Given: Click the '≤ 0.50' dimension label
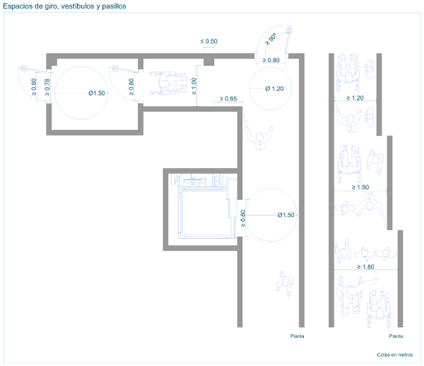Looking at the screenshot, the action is [x=208, y=42].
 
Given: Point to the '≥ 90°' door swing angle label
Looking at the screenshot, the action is [x=271, y=39].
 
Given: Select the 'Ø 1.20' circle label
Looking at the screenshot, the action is [x=274, y=88].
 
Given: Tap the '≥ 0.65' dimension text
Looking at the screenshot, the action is [x=228, y=99].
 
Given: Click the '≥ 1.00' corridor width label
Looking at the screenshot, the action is [x=194, y=86].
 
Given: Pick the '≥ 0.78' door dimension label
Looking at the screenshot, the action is [x=47, y=87].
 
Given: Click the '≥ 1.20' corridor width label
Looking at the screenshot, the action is [x=355, y=98].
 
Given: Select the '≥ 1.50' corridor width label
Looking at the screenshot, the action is [x=360, y=187].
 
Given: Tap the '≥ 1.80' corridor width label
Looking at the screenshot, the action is [x=365, y=267].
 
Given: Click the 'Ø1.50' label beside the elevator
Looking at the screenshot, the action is [x=285, y=215].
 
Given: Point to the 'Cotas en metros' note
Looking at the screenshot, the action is [x=395, y=355].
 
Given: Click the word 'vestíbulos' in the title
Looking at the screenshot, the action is [x=77, y=6].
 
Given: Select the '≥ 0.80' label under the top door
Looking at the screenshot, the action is [x=271, y=60].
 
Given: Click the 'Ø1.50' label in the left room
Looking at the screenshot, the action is [x=97, y=93].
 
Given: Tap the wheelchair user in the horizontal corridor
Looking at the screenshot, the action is [x=168, y=83].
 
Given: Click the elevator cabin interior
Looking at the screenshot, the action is [x=203, y=212].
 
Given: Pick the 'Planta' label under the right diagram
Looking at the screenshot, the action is [x=396, y=336].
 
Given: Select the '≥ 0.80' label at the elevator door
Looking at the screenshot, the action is [x=243, y=218].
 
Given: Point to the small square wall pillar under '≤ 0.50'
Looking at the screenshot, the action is [x=208, y=62].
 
